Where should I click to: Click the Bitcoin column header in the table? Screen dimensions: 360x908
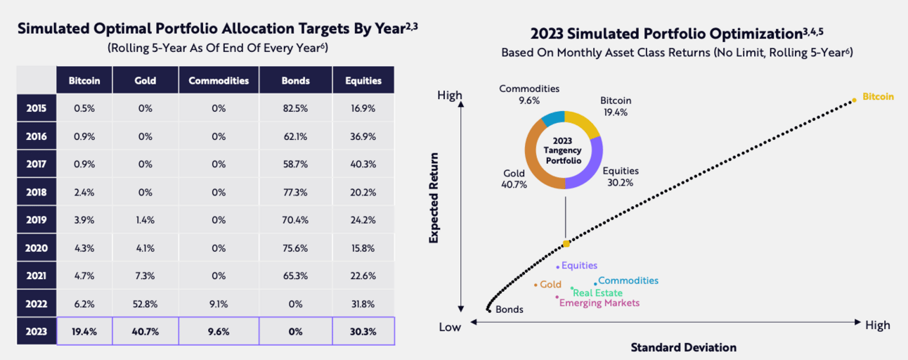pos(84,80)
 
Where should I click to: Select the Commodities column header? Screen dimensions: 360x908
pos(219,80)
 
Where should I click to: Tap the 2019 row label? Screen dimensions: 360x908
pos(37,220)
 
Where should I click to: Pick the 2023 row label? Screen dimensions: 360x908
pos(37,331)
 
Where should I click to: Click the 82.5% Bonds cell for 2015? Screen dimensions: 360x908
pos(295,108)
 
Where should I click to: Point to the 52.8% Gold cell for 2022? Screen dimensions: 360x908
pos(145,304)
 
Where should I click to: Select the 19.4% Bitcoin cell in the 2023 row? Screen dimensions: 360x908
pos(84,331)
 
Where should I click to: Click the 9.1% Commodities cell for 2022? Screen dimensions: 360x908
pos(219,304)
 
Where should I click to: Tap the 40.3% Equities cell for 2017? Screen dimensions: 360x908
pos(363,164)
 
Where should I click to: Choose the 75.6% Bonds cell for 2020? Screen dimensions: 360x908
pos(295,247)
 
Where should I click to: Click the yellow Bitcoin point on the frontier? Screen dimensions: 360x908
pos(855,100)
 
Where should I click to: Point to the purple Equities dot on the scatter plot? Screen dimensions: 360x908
pos(557,266)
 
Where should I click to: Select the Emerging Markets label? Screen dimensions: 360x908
pos(599,303)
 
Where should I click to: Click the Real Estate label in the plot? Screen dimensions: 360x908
pos(598,292)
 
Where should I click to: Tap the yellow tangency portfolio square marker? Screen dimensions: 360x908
pos(566,243)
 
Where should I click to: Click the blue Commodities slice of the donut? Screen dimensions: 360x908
pos(552,117)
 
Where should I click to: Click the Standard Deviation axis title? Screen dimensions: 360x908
pos(683,347)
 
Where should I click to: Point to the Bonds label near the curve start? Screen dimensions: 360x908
pos(509,309)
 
